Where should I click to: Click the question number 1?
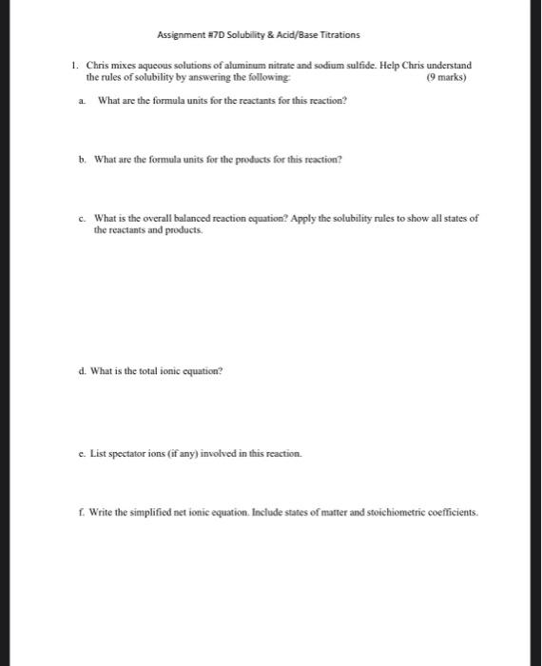pyautogui.click(x=74, y=66)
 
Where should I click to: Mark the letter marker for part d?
pyautogui.click(x=83, y=371)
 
